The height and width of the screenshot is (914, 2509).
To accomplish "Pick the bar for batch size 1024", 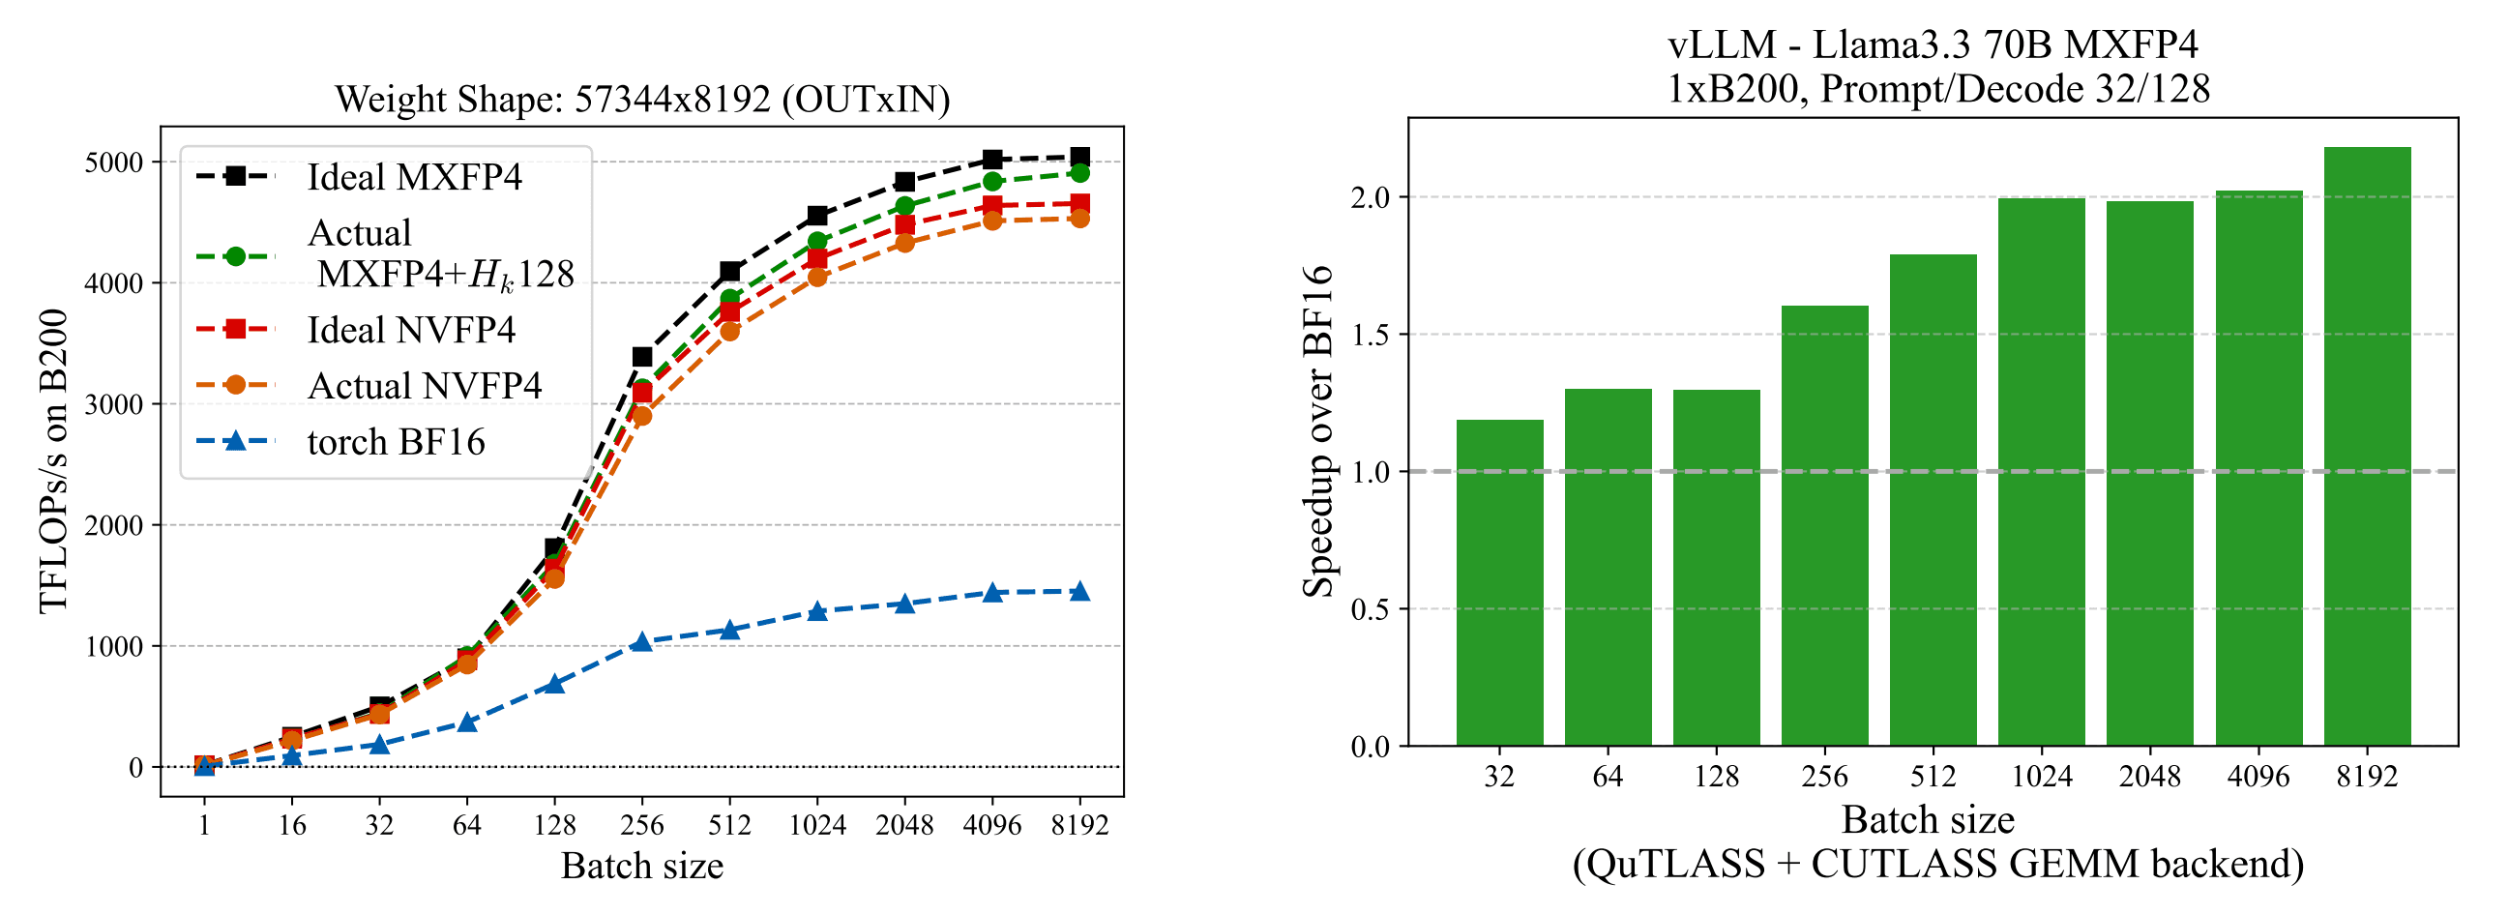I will tap(2042, 472).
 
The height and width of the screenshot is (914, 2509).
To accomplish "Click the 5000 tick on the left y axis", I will tap(114, 162).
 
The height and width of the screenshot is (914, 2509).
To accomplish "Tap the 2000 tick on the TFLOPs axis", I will tap(114, 526).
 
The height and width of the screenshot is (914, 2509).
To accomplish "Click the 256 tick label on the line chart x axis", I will tap(642, 825).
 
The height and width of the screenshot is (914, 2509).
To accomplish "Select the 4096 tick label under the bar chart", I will tap(2258, 776).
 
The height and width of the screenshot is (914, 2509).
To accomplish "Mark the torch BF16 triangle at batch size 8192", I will tap(1079, 592).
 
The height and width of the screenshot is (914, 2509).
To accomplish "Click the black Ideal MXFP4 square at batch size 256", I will tap(642, 357).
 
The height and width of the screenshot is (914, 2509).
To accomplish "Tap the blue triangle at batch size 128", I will tap(554, 683).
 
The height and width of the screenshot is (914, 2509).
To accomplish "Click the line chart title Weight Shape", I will tap(642, 100).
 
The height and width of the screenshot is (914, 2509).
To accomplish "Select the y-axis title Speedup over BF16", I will tap(1317, 430).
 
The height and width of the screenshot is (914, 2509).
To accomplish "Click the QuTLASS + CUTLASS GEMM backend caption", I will tap(1937, 865).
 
